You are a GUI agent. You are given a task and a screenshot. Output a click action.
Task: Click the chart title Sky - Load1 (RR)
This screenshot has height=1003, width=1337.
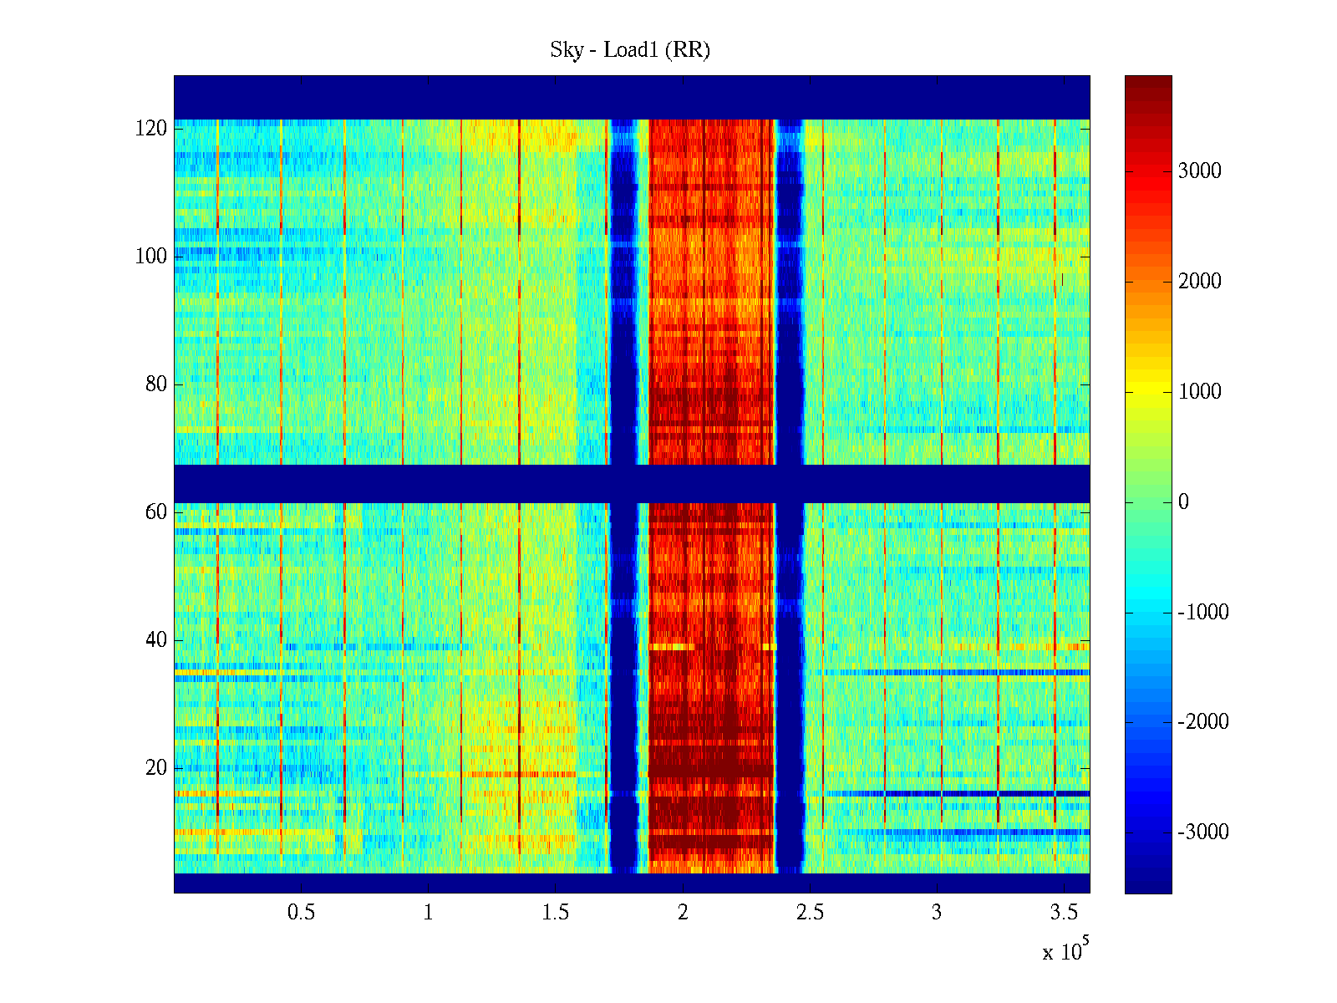[630, 50]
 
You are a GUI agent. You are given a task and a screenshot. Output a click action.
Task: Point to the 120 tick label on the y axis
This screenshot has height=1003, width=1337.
[151, 129]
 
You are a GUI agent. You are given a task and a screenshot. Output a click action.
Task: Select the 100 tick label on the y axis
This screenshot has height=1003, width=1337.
[151, 257]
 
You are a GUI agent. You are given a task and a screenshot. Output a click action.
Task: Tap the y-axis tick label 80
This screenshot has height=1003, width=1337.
[156, 384]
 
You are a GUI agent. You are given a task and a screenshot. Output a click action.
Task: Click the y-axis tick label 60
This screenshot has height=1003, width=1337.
[156, 512]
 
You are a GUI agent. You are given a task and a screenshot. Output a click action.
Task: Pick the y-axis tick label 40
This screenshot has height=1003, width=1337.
[156, 640]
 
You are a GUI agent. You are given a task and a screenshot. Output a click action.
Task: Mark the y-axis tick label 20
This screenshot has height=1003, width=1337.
[156, 768]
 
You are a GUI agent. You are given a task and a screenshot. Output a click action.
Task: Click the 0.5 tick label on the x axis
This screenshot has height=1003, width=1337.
[301, 913]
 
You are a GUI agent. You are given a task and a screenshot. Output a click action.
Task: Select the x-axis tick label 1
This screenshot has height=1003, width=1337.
[428, 913]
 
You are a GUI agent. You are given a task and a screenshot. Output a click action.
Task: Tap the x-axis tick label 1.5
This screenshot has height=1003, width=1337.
[556, 913]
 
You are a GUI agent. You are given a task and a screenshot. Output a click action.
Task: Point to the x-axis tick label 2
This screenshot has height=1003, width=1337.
[683, 913]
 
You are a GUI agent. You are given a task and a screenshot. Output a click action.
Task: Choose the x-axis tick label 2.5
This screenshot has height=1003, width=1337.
[810, 913]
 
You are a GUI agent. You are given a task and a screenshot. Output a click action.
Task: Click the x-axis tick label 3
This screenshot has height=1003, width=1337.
[937, 913]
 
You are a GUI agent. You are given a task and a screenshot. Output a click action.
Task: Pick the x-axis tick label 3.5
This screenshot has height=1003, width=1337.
[1064, 913]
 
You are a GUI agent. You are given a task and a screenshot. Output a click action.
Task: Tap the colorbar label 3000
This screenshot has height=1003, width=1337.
[1199, 171]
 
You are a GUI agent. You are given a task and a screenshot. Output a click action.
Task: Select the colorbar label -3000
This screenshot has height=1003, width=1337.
[1202, 832]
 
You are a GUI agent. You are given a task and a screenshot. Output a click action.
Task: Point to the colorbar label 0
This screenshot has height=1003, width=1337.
[1182, 502]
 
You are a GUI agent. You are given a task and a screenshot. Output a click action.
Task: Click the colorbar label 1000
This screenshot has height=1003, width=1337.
[1199, 392]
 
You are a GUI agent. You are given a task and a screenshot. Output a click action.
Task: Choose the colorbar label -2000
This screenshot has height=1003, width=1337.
[1202, 722]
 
